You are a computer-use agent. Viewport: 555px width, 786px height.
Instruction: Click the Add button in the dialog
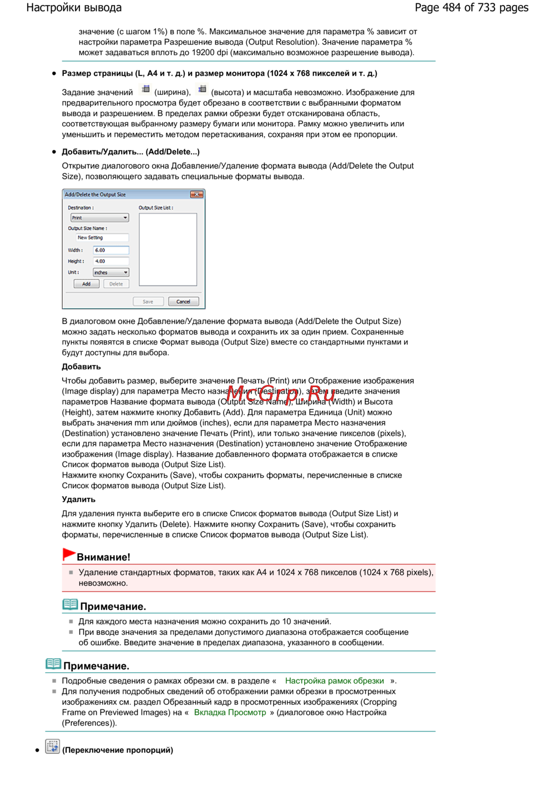87,284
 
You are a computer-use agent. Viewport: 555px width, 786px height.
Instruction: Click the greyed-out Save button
148,302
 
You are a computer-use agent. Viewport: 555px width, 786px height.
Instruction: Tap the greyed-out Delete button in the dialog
116,284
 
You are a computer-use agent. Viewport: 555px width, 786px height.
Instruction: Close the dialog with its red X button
196,194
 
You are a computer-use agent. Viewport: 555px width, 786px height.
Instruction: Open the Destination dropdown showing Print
100,218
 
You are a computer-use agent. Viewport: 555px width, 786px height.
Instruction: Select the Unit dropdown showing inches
111,272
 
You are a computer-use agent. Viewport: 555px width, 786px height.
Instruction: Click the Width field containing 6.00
111,250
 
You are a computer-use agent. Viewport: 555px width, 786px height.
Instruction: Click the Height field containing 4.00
111,261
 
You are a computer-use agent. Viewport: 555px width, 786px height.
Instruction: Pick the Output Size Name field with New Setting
102,238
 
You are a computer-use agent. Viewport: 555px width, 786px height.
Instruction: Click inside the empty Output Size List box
168,249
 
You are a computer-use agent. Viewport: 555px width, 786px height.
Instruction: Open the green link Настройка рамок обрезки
335,681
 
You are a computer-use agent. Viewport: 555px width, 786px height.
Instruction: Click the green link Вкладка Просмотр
230,713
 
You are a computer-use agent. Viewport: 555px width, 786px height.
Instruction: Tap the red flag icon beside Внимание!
69,554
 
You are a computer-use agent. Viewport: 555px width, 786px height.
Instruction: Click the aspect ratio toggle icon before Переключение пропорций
52,747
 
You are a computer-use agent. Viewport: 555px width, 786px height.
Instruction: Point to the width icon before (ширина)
145,89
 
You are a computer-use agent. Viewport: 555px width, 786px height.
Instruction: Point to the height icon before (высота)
202,89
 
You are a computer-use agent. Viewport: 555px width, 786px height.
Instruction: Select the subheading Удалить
79,499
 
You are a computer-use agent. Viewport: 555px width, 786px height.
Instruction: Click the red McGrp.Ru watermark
281,395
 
